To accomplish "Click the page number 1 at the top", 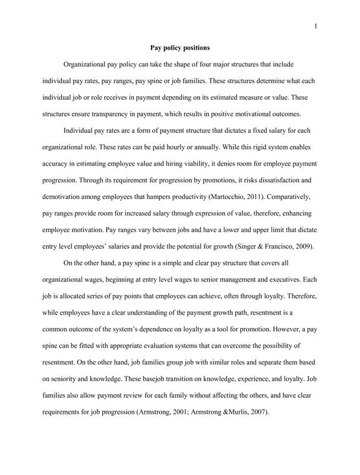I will coord(315,26).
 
